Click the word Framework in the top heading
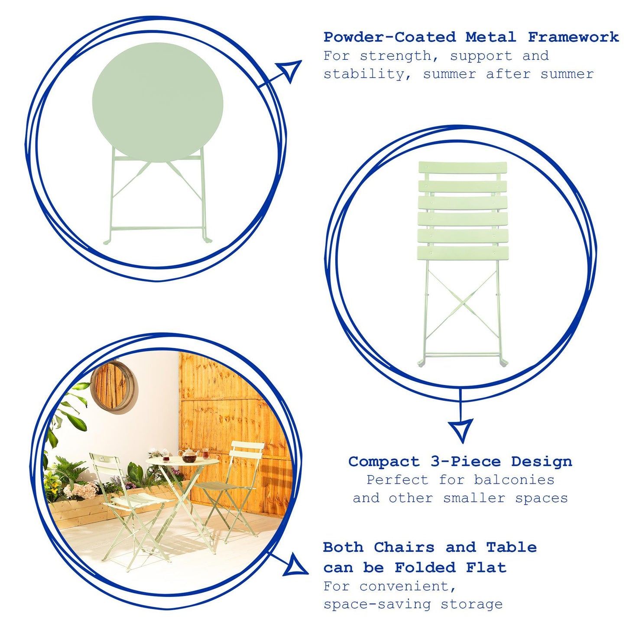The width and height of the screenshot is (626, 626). (x=573, y=37)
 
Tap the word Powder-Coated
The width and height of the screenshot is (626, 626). (x=389, y=37)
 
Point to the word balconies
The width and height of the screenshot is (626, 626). (x=514, y=480)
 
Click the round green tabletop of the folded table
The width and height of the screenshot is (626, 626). (x=158, y=102)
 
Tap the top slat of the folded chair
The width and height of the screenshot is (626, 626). (x=462, y=168)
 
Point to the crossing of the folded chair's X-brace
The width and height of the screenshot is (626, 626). (x=463, y=303)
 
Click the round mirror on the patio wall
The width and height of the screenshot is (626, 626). (x=114, y=387)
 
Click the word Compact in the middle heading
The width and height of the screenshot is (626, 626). (x=384, y=462)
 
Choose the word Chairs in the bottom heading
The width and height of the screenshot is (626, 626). (x=404, y=548)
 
